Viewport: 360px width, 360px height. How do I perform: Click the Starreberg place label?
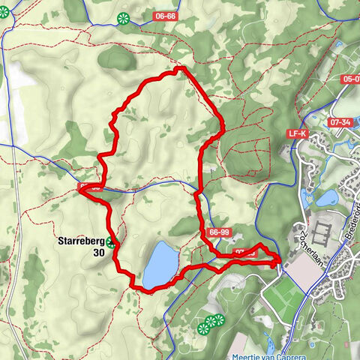(x=81, y=241)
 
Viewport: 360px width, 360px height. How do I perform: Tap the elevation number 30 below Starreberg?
(x=98, y=253)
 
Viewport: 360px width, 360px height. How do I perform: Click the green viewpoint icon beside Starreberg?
(x=112, y=241)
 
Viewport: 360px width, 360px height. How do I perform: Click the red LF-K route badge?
(x=298, y=133)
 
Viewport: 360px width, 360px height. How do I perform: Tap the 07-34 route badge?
(x=339, y=121)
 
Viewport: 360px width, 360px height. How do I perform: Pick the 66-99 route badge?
(x=220, y=232)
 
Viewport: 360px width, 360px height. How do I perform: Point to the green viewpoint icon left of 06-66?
(x=123, y=18)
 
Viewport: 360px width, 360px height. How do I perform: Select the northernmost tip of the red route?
(x=180, y=68)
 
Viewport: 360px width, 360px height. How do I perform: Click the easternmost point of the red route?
(x=281, y=259)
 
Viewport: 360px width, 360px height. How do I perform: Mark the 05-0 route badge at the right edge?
(x=349, y=79)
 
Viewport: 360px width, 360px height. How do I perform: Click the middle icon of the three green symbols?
(x=211, y=321)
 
